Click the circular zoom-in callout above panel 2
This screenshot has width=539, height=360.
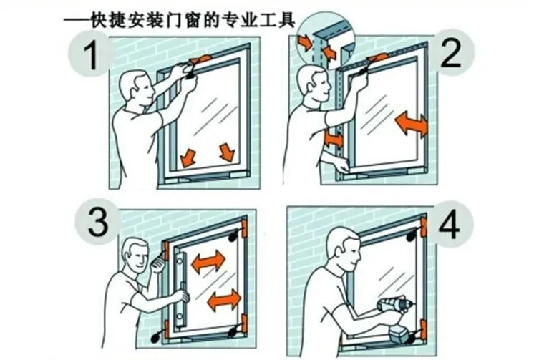pyautogui.click(x=326, y=39)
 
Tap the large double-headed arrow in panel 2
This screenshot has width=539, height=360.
pyautogui.click(x=412, y=124)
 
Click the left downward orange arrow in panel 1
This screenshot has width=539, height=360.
pyautogui.click(x=188, y=157)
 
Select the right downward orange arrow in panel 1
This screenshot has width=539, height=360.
pyautogui.click(x=227, y=152)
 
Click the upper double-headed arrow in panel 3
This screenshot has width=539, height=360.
pyautogui.click(x=208, y=262)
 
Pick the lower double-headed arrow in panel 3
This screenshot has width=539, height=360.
pyautogui.click(x=225, y=300)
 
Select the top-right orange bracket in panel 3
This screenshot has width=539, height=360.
pyautogui.click(x=244, y=228)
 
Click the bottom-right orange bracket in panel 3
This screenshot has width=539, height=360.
pyautogui.click(x=244, y=324)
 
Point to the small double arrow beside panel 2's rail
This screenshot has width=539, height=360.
pyautogui.click(x=334, y=139)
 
